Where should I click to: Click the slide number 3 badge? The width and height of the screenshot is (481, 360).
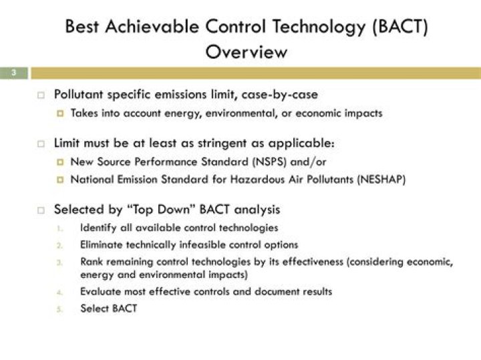point(13,73)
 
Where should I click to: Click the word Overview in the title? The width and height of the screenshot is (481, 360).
point(247,51)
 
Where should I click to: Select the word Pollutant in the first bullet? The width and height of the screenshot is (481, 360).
point(79,95)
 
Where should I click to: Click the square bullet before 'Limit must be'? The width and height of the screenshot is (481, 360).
point(41,144)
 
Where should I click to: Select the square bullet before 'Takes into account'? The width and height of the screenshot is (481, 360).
point(59,114)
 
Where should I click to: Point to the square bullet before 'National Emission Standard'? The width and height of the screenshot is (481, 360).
point(59,179)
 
